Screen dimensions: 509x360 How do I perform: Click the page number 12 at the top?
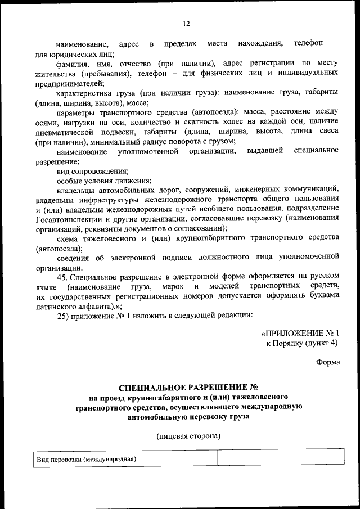point(186,24)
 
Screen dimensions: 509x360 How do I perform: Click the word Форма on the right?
point(328,362)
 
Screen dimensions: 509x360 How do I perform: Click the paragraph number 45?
point(65,277)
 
